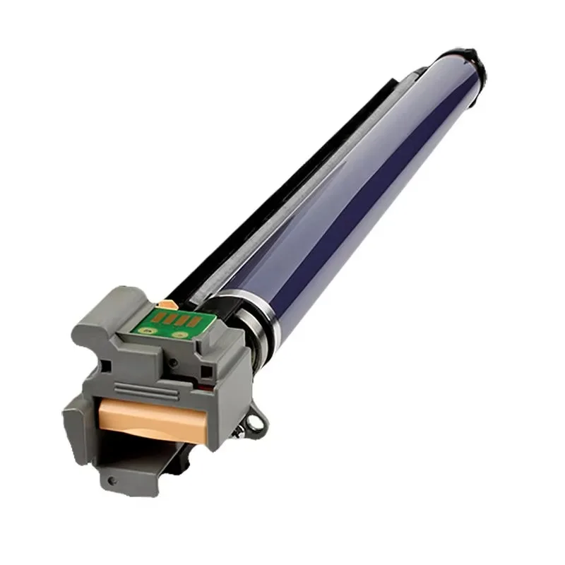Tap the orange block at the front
(x=153, y=417)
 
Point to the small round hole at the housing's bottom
(x=112, y=480)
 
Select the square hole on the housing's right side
(x=206, y=371)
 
